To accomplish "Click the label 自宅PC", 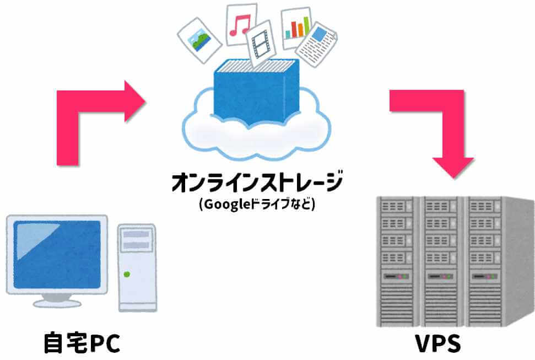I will click(82, 342).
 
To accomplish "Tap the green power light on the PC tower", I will click(127, 274).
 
